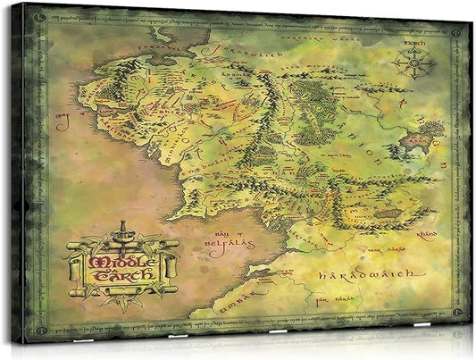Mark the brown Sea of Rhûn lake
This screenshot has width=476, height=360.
[419, 141]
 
